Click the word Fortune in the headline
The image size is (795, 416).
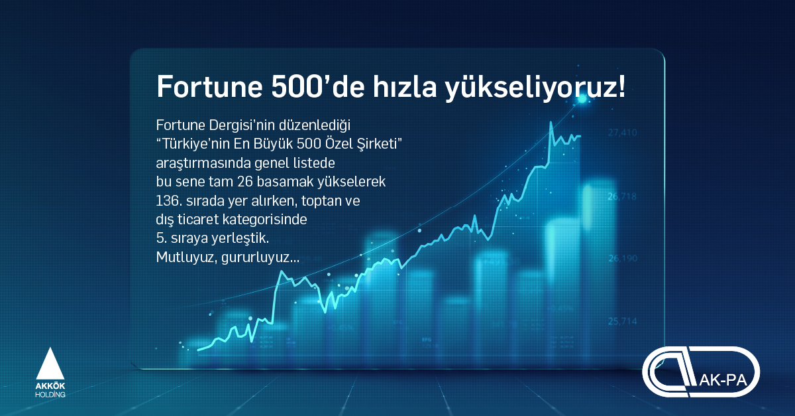coord(209,86)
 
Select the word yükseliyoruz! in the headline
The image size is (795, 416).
coord(535,88)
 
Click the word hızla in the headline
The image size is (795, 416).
coord(405,86)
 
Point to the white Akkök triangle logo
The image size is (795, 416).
coord(50,364)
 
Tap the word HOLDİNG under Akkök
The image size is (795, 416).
coord(50,395)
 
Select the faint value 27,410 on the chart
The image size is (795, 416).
coord(623,133)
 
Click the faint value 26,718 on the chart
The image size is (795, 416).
coord(622,196)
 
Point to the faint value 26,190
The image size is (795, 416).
coord(623,258)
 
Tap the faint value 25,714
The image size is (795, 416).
coord(623,321)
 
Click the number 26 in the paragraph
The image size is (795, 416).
coord(245,182)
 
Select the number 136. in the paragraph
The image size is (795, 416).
coord(169,201)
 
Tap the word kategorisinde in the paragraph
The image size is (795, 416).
coord(264,220)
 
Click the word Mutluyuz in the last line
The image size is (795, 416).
coord(185,257)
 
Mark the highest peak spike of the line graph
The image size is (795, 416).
coord(551,123)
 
